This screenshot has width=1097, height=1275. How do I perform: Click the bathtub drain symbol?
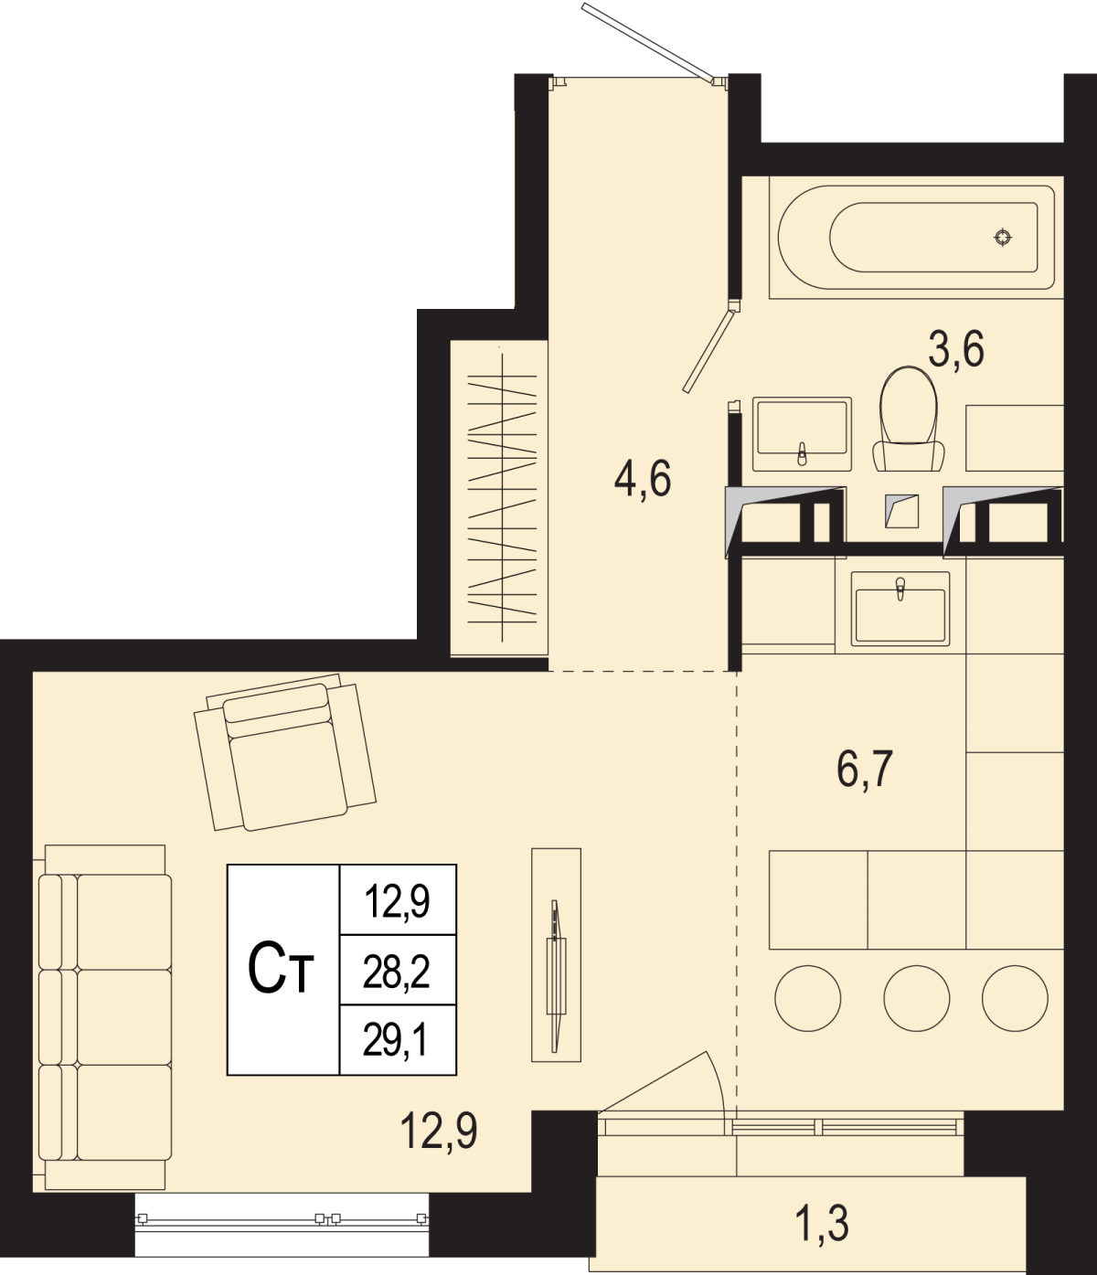pyautogui.click(x=1003, y=237)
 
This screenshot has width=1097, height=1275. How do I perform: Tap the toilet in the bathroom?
pyautogui.click(x=908, y=419)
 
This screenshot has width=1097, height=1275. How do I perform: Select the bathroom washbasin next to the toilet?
pyautogui.click(x=802, y=433)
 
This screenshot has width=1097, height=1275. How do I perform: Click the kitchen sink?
pyautogui.click(x=900, y=609)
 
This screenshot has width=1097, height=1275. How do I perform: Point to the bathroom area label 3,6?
pyautogui.click(x=956, y=350)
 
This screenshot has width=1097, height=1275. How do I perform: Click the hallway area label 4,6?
pyautogui.click(x=643, y=479)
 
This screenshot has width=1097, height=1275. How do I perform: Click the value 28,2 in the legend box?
pyautogui.click(x=396, y=973)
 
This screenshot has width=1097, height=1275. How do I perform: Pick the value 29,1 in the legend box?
pyautogui.click(x=396, y=1042)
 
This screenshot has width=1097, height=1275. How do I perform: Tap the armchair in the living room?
pyautogui.click(x=285, y=752)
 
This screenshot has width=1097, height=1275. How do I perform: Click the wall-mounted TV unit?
pyautogui.click(x=556, y=955)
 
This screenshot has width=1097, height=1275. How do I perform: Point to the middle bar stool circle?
pyautogui.click(x=916, y=998)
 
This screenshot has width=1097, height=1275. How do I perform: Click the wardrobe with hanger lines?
pyautogui.click(x=499, y=498)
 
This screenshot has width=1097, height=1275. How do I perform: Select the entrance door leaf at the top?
pyautogui.click(x=648, y=42)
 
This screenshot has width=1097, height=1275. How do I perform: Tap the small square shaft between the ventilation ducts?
pyautogui.click(x=901, y=511)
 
